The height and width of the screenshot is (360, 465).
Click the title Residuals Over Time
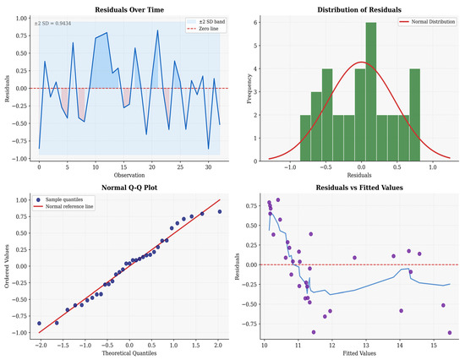click(129, 10)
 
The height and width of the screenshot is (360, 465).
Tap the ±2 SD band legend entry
click(205, 22)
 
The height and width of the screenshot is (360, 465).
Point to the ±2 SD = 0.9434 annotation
click(52, 24)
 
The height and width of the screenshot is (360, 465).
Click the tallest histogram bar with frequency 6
click(371, 91)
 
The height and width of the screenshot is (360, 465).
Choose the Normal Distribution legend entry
click(427, 22)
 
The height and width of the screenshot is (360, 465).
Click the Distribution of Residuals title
click(359, 10)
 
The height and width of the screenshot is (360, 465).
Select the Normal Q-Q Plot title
click(129, 188)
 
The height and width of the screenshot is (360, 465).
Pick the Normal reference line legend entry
click(63, 206)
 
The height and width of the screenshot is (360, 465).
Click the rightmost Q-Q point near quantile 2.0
click(220, 212)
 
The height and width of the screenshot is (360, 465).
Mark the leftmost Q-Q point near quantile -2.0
click(39, 323)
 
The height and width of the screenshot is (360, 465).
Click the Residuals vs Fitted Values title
click(359, 188)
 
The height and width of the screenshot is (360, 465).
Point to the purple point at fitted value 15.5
click(450, 333)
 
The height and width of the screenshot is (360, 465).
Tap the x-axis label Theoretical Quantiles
click(129, 353)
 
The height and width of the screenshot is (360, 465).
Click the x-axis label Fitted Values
click(359, 353)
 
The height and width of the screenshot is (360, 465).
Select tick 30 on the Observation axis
click(208, 167)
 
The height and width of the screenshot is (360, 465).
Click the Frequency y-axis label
click(249, 89)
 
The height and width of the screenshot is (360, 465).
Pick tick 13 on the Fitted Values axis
click(366, 346)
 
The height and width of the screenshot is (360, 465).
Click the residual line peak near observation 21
click(157, 30)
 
